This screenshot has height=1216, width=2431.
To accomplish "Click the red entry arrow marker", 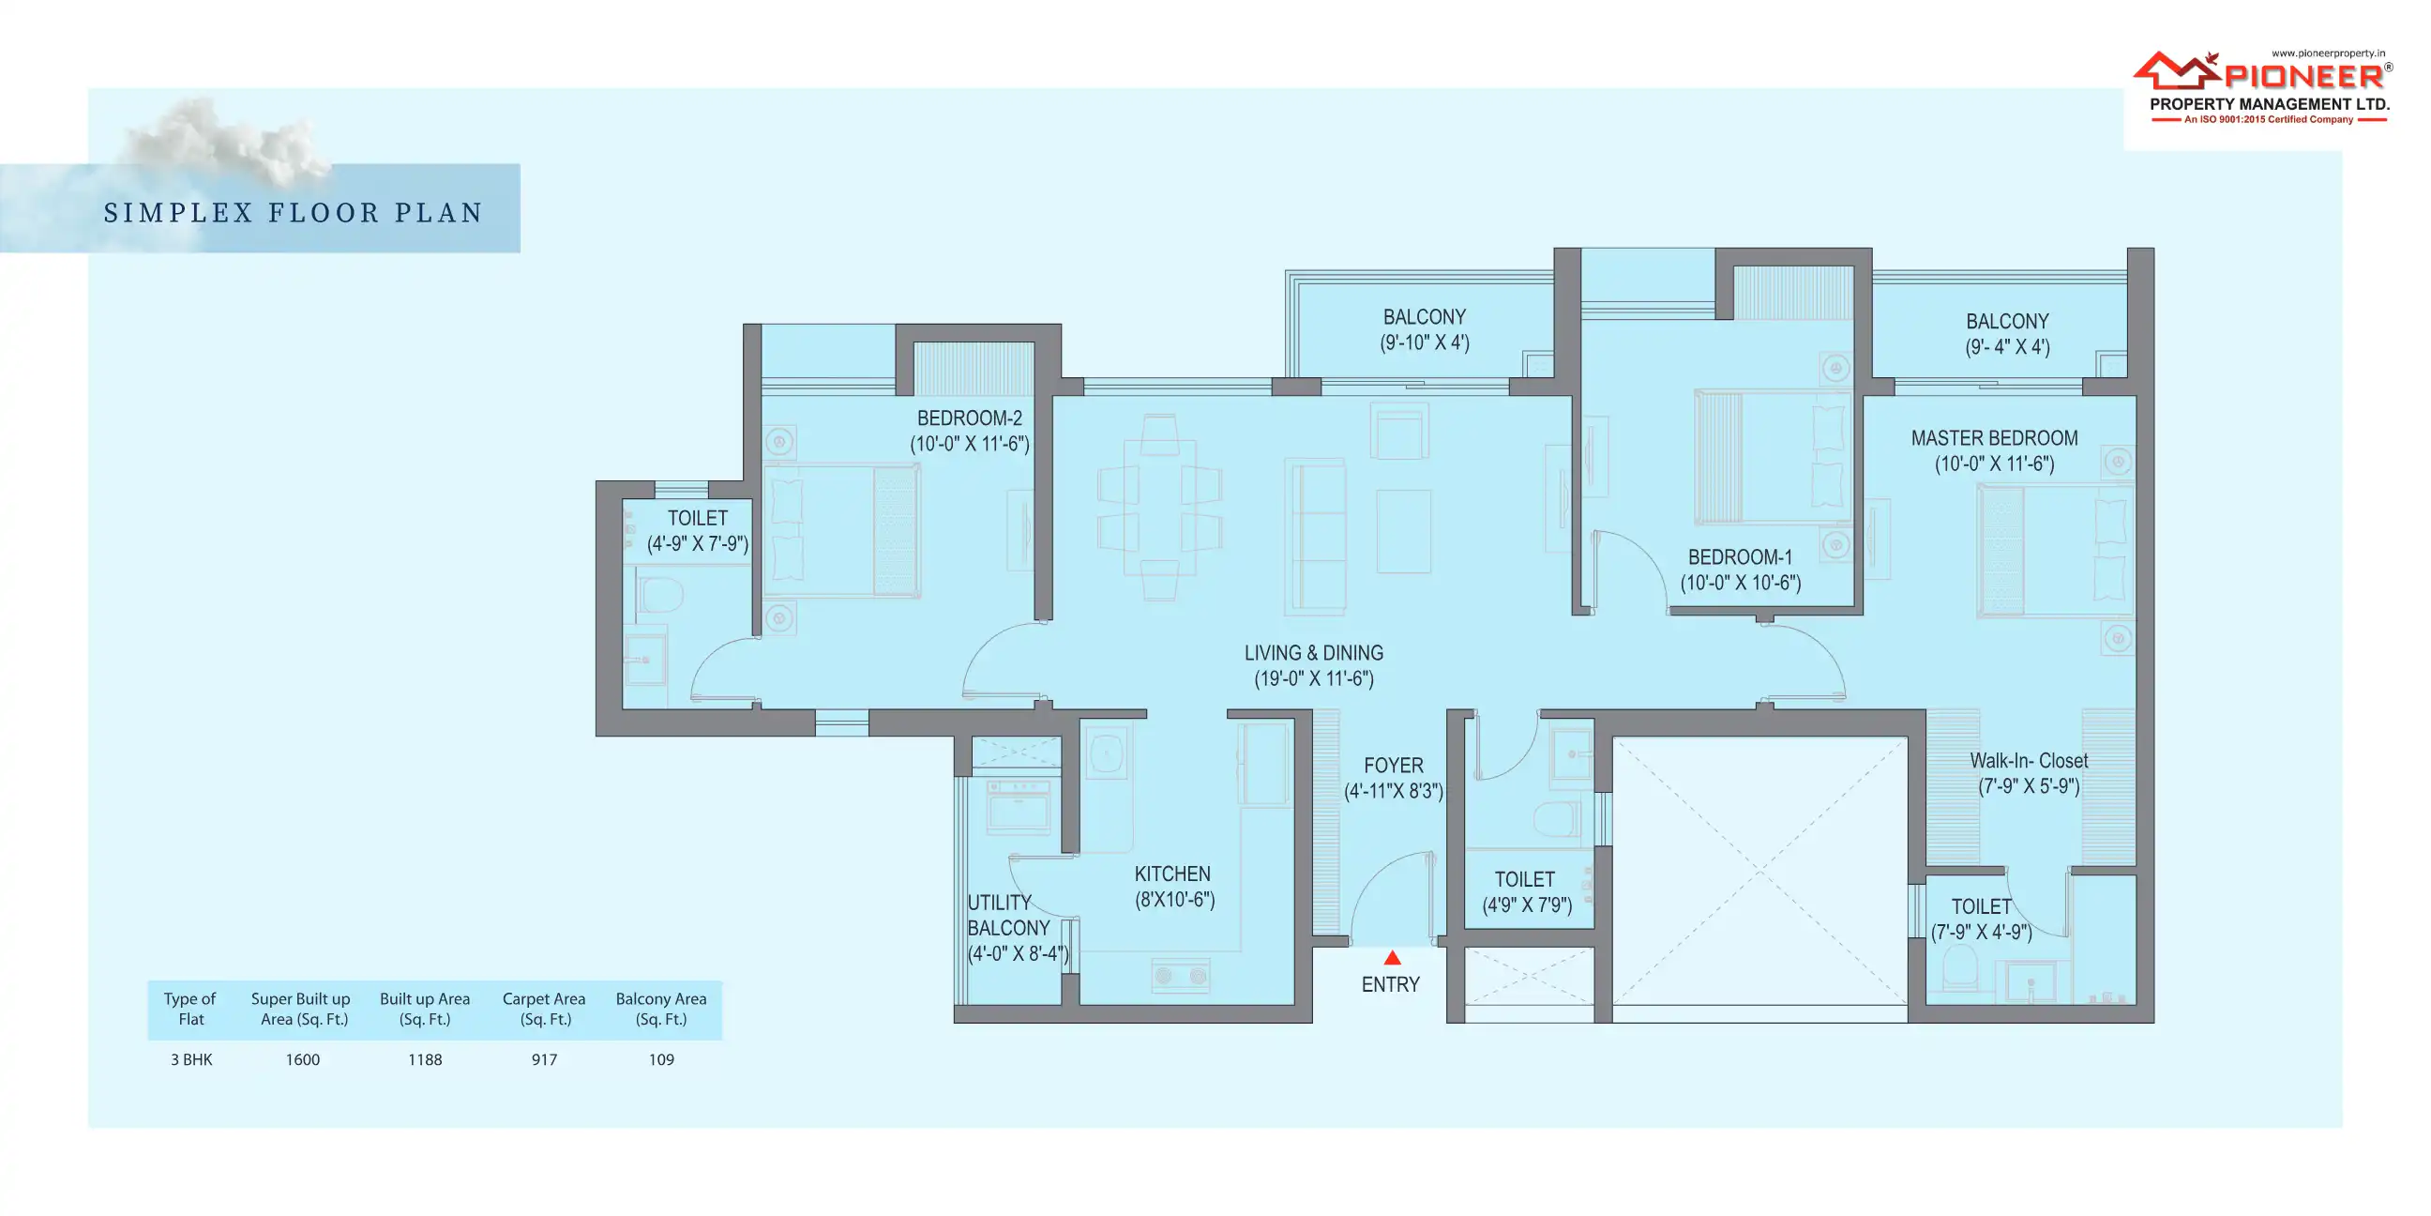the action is (x=1392, y=957).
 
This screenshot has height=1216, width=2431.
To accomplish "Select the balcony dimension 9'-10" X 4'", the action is (x=1425, y=342).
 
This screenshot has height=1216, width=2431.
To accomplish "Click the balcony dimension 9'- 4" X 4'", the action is (x=2007, y=347).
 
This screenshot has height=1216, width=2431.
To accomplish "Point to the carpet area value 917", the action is (x=545, y=1059).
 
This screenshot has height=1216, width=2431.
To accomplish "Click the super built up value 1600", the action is (x=303, y=1059).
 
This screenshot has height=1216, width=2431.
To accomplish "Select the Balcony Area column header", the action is (x=660, y=1010).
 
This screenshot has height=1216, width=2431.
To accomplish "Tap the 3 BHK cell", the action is (x=191, y=1059).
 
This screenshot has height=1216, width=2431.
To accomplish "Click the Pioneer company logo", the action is (x=2262, y=87).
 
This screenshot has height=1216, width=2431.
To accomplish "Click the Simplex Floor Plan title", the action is (x=294, y=213).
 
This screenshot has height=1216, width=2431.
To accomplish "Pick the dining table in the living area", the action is (x=1160, y=507).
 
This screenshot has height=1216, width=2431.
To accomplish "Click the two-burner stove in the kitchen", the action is (x=1181, y=975).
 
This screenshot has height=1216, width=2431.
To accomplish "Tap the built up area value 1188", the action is (x=425, y=1059).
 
